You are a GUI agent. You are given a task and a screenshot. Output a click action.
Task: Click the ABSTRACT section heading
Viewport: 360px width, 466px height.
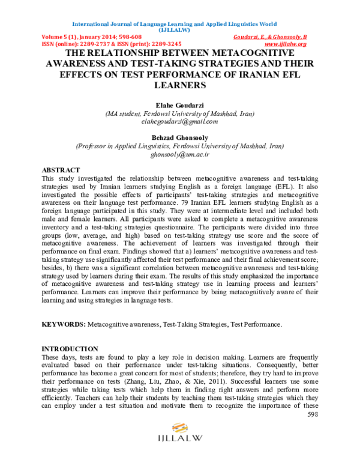[x=61, y=171]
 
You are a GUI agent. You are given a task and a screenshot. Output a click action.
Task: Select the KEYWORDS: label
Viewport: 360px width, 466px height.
[x=64, y=324]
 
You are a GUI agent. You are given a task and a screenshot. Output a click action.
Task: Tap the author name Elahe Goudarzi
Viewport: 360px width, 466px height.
[x=179, y=104]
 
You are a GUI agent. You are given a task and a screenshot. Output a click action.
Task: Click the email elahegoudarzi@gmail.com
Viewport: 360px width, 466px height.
[x=179, y=121]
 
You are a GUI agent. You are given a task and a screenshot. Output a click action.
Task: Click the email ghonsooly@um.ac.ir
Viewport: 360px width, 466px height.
[x=179, y=154]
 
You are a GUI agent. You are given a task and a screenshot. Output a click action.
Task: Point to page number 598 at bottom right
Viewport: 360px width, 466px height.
[x=313, y=414]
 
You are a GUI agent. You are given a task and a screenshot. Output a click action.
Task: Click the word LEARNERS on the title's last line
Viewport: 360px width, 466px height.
[x=179, y=86]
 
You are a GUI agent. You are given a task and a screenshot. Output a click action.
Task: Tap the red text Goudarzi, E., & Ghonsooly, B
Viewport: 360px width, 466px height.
[x=269, y=37]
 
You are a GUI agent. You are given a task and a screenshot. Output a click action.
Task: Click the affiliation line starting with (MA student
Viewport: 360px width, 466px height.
[x=179, y=113]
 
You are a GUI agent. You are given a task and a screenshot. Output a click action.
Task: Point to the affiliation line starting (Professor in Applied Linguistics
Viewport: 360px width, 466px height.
[x=179, y=146]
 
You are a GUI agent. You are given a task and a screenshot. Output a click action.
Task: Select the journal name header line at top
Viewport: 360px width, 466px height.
[x=174, y=25]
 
